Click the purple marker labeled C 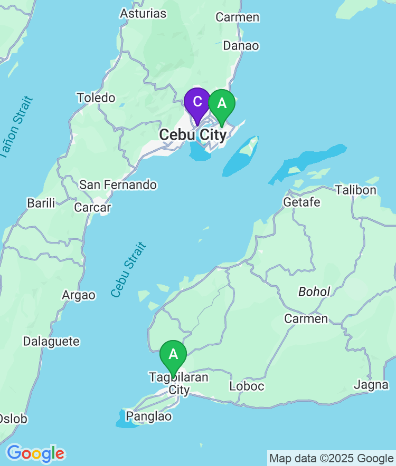197,102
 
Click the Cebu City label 193,135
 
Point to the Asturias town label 143,13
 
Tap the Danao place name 241,46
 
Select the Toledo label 96,98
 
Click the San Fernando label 118,185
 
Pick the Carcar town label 92,208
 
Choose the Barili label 41,203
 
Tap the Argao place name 79,295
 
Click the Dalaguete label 51,342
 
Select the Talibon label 355,190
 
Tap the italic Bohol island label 314,292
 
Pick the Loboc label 247,386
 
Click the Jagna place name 371,385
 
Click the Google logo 35,453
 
